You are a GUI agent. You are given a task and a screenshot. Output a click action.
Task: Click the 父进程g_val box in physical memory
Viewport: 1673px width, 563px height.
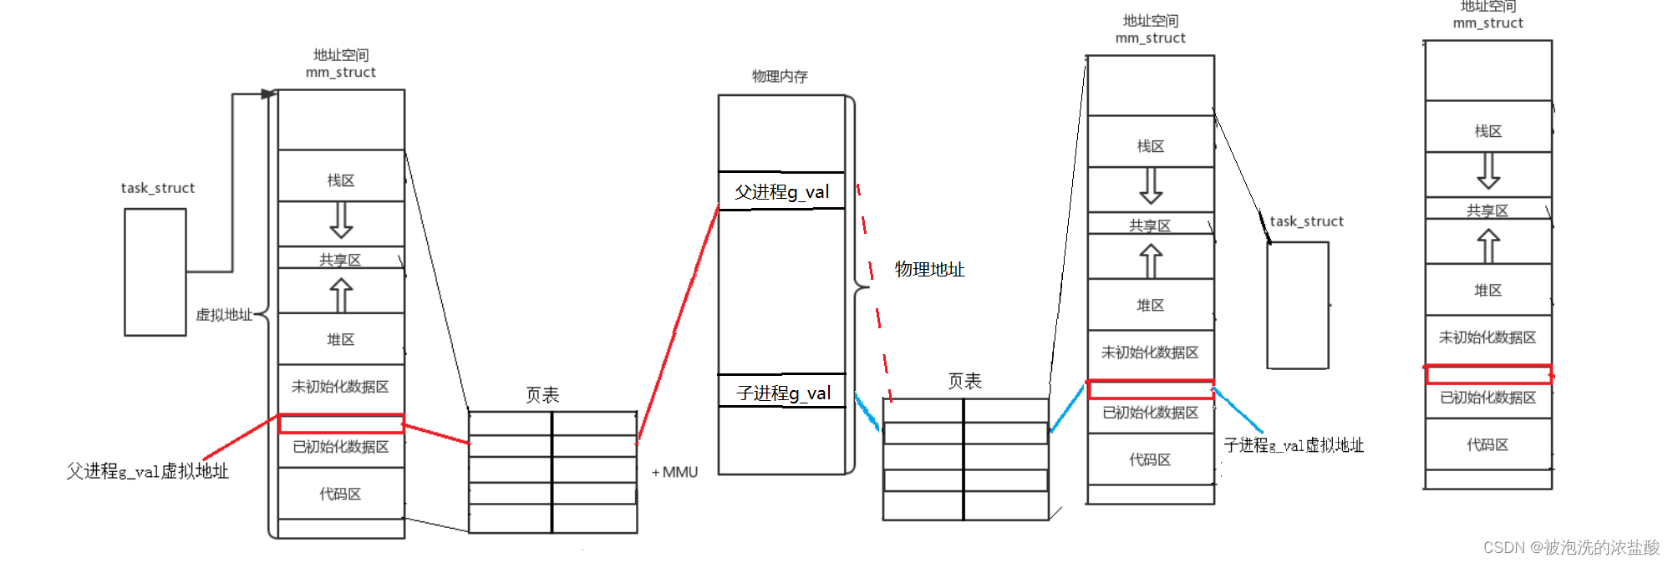click(x=781, y=191)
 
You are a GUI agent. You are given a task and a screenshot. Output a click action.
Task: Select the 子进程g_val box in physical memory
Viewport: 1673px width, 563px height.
click(x=782, y=392)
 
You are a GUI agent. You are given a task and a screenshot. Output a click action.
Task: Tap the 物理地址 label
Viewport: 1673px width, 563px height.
click(x=929, y=269)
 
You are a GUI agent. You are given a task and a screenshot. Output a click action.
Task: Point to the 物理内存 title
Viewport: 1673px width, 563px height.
click(x=780, y=77)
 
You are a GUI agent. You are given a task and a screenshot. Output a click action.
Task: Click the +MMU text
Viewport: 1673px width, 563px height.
click(x=674, y=472)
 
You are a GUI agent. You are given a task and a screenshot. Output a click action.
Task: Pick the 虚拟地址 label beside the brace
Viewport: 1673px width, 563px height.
click(x=223, y=315)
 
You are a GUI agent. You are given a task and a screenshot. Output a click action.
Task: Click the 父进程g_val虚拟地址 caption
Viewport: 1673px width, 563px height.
click(x=147, y=471)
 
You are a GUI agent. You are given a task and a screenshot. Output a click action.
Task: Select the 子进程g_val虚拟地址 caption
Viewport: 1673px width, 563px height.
click(x=1293, y=445)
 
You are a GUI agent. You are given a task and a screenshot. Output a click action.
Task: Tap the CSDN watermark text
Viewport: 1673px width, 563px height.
click(x=1571, y=547)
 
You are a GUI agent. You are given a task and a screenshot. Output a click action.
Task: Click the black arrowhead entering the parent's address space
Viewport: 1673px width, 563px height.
click(x=268, y=94)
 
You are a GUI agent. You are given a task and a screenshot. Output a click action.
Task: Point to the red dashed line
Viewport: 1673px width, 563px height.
click(x=874, y=292)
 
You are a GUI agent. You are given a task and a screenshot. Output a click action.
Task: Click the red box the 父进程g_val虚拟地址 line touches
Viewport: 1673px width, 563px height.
click(x=341, y=424)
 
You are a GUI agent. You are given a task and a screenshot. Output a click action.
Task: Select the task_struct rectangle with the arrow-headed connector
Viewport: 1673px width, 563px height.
click(x=155, y=272)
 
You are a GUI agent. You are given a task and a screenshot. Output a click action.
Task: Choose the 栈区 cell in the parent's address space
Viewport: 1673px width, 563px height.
click(x=341, y=180)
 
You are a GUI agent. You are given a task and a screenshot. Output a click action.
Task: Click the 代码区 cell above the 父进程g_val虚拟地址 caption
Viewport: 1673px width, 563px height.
click(x=341, y=494)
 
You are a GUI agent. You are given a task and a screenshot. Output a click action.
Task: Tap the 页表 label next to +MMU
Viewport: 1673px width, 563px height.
click(x=542, y=394)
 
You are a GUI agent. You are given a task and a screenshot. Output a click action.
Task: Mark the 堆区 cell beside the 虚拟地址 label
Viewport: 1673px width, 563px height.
click(x=341, y=339)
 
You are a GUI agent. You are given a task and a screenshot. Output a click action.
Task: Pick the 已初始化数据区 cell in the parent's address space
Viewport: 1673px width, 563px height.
click(x=341, y=447)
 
